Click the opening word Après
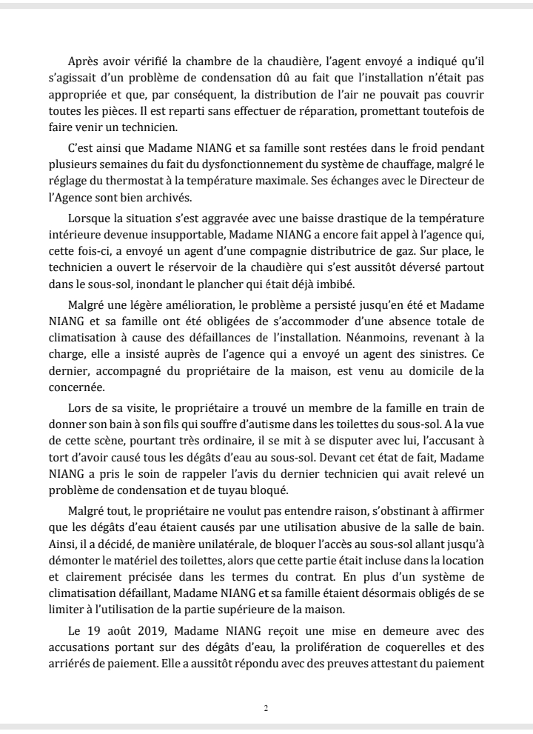coord(83,61)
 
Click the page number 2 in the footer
coord(266,707)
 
